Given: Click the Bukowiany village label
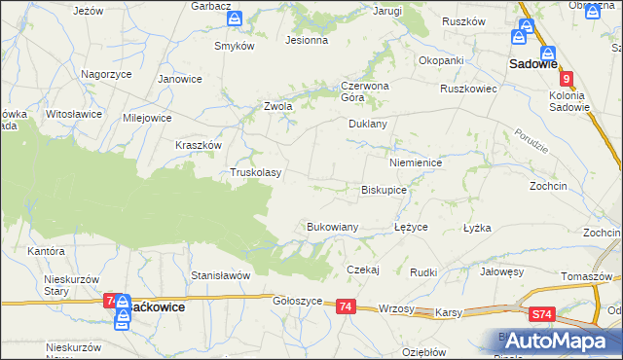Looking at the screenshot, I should [333, 227].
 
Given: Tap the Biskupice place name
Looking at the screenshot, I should [384, 191].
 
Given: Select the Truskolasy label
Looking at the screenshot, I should [255, 173].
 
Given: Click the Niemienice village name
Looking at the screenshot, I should [416, 163].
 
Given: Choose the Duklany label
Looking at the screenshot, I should [368, 125].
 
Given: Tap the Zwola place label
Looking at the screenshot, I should [278, 106].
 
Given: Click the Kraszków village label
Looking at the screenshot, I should [200, 144].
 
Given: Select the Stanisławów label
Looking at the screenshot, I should [221, 275].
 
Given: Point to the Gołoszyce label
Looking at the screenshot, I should [297, 302].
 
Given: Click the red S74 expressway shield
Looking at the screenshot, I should [543, 314].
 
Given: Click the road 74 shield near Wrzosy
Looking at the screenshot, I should [346, 306].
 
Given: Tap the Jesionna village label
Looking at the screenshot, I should [306, 41].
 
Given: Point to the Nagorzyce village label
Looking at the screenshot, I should [106, 74].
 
